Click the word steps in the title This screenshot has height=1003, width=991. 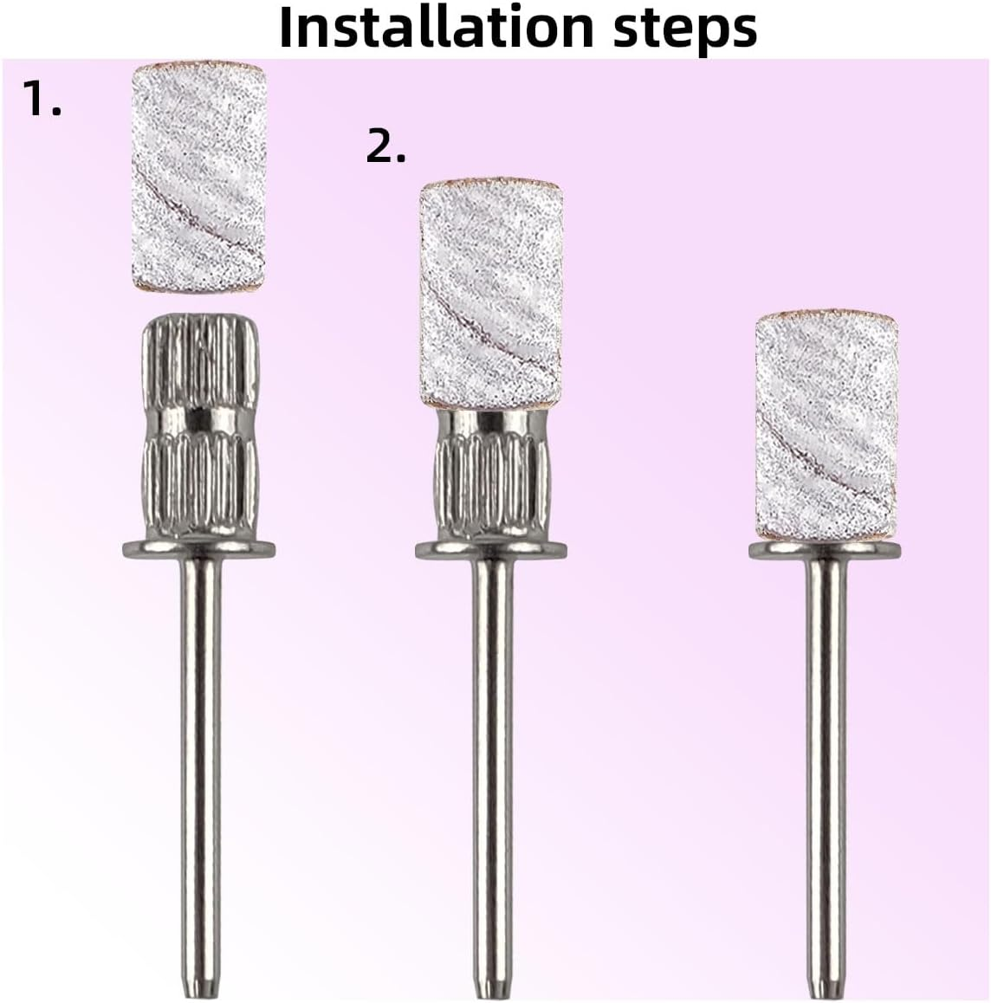tap(685, 29)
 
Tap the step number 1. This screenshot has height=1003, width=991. tap(42, 98)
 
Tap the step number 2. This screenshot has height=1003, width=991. tap(385, 145)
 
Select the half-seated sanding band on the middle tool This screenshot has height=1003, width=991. tap(490, 294)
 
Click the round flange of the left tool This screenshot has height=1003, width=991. tap(199, 549)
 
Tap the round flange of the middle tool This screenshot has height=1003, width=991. tap(491, 550)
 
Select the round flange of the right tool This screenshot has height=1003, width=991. tap(826, 550)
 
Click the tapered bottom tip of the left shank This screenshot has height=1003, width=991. tap(200, 995)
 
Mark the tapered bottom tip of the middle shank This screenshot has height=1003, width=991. tap(492, 995)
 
